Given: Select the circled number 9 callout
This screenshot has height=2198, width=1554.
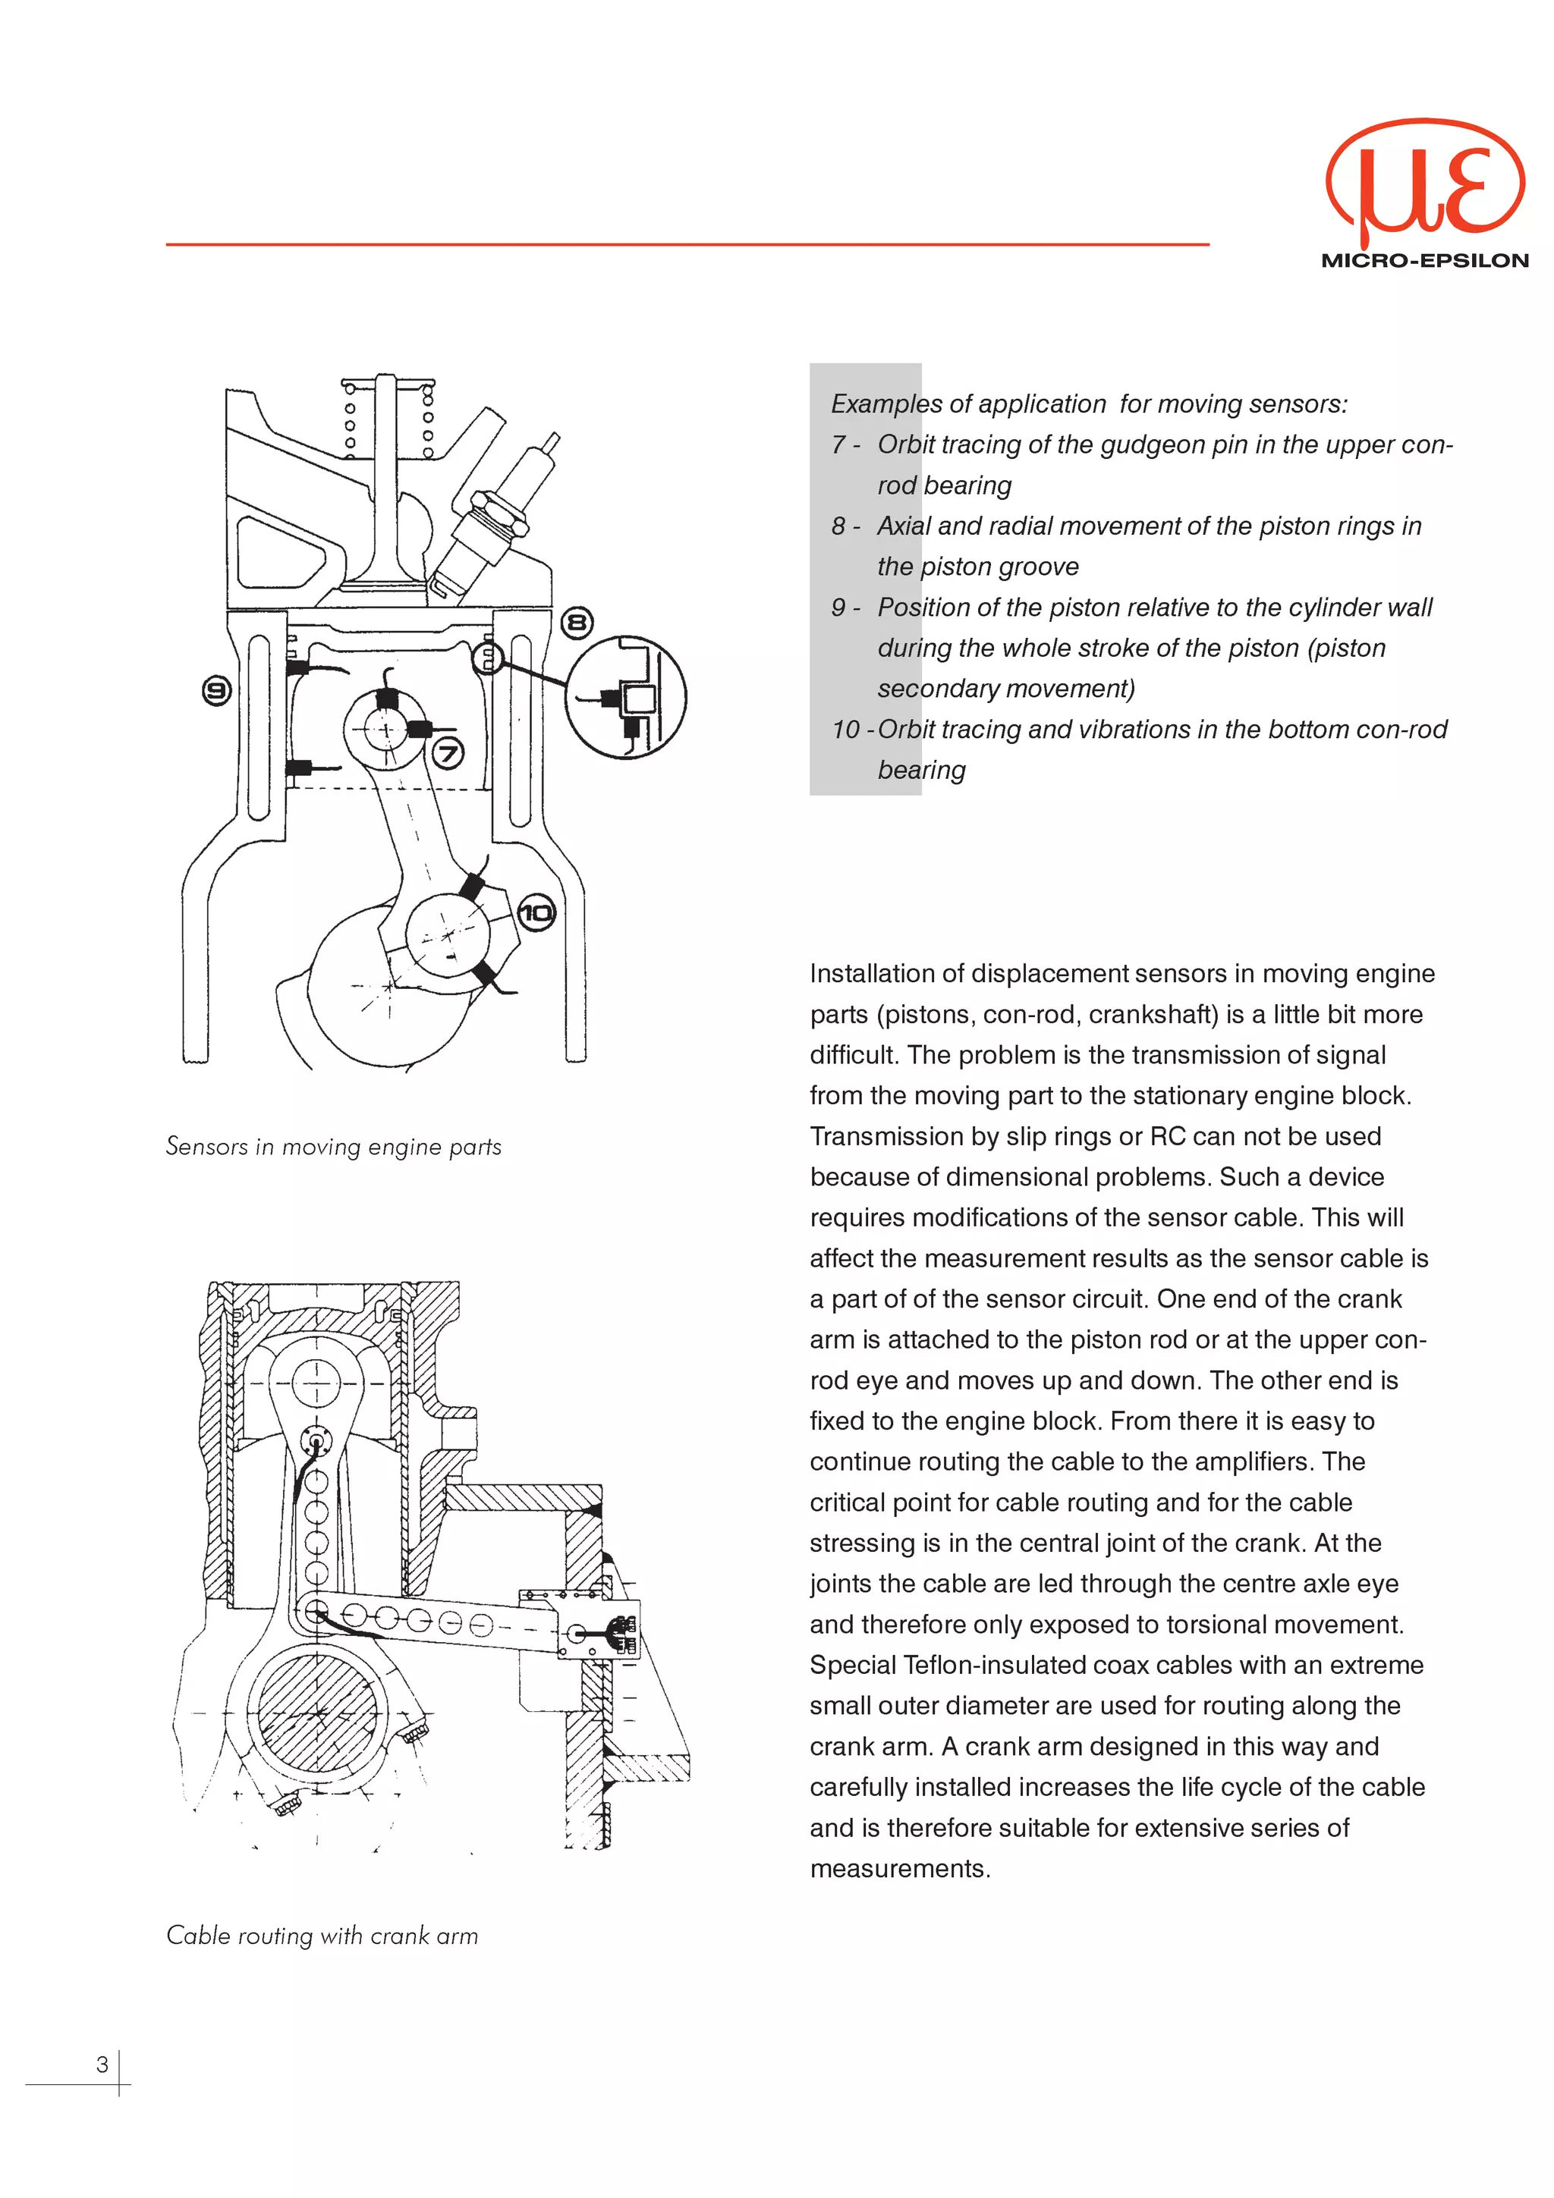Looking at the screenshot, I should click(x=217, y=690).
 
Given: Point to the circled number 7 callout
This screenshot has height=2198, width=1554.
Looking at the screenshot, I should click(x=448, y=753).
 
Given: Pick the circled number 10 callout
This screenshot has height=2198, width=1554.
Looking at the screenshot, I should click(x=536, y=912).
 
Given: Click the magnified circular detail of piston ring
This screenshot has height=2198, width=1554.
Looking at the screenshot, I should click(x=626, y=697).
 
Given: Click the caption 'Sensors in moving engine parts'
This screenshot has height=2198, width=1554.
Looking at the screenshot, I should click(x=333, y=1146).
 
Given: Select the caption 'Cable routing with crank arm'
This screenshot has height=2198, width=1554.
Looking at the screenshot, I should click(x=322, y=1935).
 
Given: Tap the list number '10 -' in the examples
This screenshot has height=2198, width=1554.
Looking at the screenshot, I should click(x=851, y=730).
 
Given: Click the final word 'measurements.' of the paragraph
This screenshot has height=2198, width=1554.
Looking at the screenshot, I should click(x=900, y=1868).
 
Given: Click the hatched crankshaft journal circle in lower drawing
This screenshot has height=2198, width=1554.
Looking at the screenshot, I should click(x=318, y=1713).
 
